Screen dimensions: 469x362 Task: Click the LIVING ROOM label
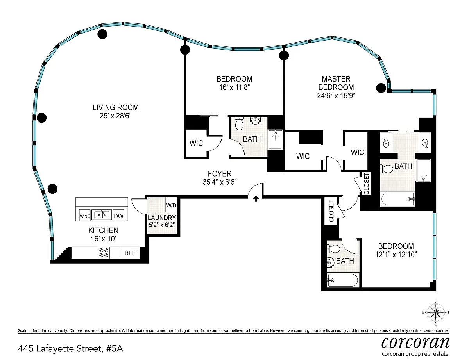pyautogui.click(x=115, y=107)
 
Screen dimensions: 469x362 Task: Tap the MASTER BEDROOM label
pyautogui.click(x=336, y=83)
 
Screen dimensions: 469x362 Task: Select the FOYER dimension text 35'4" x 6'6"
pyautogui.click(x=220, y=182)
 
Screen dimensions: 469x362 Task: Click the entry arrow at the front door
pyautogui.click(x=256, y=198)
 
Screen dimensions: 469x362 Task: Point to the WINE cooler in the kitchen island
pyautogui.click(x=84, y=216)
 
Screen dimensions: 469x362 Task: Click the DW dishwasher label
pyautogui.click(x=118, y=216)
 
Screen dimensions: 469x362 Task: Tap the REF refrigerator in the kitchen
pyautogui.click(x=130, y=253)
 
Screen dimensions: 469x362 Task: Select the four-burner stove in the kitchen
pyautogui.click(x=104, y=253)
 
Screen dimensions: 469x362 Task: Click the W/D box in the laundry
pyautogui.click(x=171, y=205)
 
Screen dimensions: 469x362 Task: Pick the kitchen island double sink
pyautogui.click(x=102, y=215)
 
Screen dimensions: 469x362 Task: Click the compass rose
pyautogui.click(x=435, y=313)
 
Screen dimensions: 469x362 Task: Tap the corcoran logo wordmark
pyautogui.click(x=415, y=342)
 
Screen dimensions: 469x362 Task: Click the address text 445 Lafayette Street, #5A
pyautogui.click(x=71, y=349)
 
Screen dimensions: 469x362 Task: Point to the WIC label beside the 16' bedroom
pyautogui.click(x=196, y=143)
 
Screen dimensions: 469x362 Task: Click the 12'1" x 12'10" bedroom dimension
pyautogui.click(x=396, y=255)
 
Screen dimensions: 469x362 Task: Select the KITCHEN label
pyautogui.click(x=103, y=230)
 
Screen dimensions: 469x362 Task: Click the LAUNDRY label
pyautogui.click(x=162, y=218)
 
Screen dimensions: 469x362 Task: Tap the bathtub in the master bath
pyautogui.click(x=397, y=199)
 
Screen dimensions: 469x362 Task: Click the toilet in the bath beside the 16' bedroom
pyautogui.click(x=239, y=123)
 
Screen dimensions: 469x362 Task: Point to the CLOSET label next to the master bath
pyautogui.click(x=367, y=184)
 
